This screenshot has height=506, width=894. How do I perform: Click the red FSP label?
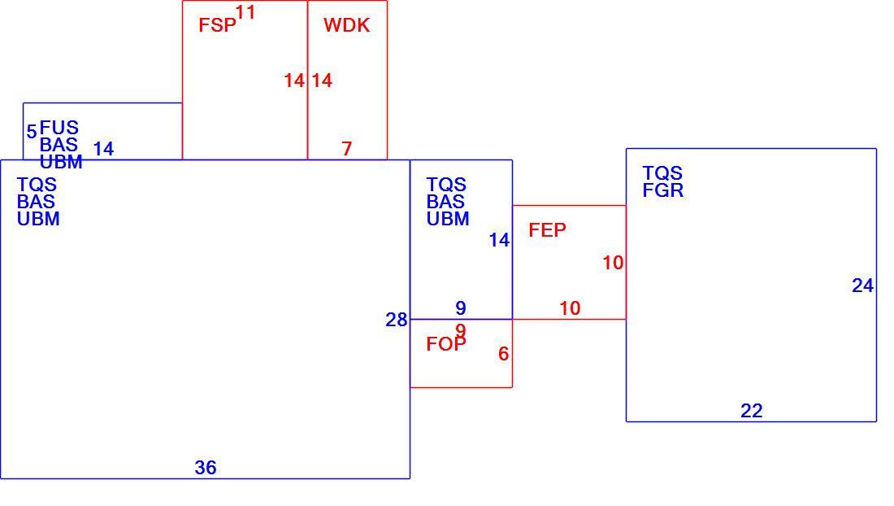pyautogui.click(x=217, y=25)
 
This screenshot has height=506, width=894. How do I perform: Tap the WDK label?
pyautogui.click(x=347, y=25)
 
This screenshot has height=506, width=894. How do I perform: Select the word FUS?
pyautogui.click(x=59, y=127)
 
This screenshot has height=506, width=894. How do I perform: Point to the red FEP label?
pyautogui.click(x=547, y=230)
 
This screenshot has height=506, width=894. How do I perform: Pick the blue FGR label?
pyautogui.click(x=663, y=190)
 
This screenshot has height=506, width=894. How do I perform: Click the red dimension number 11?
pyautogui.click(x=245, y=12)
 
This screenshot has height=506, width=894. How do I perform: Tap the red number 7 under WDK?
pyautogui.click(x=347, y=148)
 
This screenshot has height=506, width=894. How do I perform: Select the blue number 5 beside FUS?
pyautogui.click(x=32, y=131)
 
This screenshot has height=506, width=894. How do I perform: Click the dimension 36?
pyautogui.click(x=206, y=468)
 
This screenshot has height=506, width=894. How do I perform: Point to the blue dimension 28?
pyautogui.click(x=397, y=320)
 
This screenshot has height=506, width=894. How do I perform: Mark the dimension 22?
pyautogui.click(x=752, y=411)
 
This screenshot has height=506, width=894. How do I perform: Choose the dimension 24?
pyautogui.click(x=862, y=286)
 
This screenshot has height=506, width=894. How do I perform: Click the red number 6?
pyautogui.click(x=503, y=354)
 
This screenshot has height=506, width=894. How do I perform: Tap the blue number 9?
pyautogui.click(x=461, y=308)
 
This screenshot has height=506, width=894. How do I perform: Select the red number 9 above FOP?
pyautogui.click(x=461, y=330)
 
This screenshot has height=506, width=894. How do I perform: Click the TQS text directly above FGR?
pyautogui.click(x=662, y=172)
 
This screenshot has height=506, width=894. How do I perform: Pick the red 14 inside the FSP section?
pyautogui.click(x=294, y=81)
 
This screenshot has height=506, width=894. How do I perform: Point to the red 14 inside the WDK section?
pyautogui.click(x=322, y=81)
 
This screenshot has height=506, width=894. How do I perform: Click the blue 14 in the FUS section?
pyautogui.click(x=103, y=149)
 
